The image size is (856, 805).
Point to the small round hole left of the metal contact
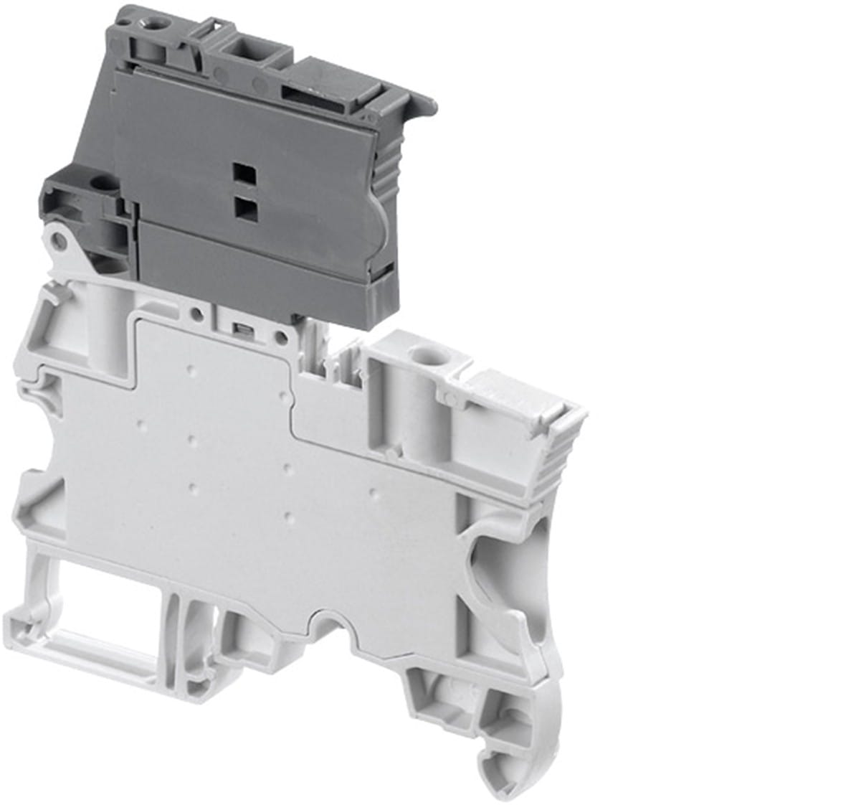pyautogui.click(x=195, y=313)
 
